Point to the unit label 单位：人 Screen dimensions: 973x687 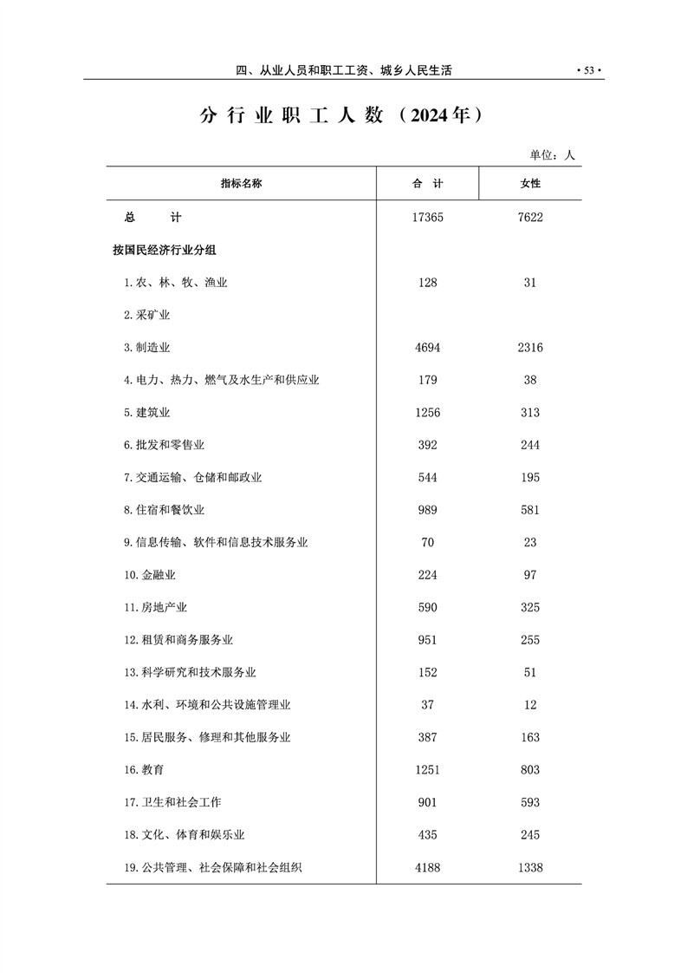click(552, 155)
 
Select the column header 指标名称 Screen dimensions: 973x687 click(241, 184)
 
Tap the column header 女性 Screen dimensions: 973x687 click(529, 184)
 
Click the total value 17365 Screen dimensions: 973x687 click(428, 218)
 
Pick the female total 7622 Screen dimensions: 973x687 click(530, 218)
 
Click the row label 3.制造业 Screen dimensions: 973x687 click(146, 348)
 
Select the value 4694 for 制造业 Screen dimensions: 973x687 click(428, 348)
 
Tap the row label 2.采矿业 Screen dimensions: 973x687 click(146, 315)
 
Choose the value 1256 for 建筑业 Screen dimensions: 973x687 click(428, 413)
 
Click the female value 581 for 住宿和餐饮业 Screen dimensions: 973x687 click(530, 510)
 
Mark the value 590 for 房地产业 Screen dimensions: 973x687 click(428, 608)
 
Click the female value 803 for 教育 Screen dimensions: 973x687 click(530, 770)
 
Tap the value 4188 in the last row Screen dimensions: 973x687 click(428, 867)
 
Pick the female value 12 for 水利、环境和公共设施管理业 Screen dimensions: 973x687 click(530, 705)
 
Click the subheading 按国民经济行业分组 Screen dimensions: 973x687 click(164, 250)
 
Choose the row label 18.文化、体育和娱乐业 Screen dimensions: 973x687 click(184, 835)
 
